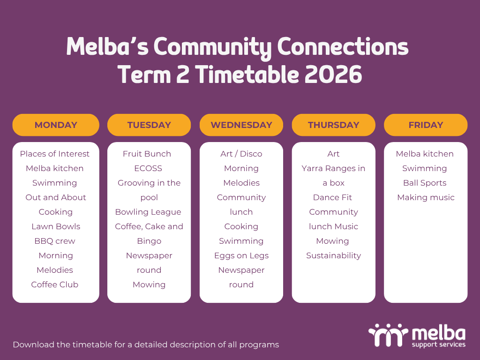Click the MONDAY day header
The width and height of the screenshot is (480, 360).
[56, 125]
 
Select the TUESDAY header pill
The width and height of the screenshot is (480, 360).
[149, 125]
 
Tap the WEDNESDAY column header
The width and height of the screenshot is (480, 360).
[241, 125]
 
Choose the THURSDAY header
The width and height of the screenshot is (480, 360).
[334, 125]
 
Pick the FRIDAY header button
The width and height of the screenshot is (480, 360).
[426, 125]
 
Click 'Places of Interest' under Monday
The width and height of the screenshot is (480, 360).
[55, 154]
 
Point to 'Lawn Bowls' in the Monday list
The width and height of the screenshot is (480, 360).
[56, 226]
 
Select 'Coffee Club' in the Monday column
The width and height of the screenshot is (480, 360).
[55, 285]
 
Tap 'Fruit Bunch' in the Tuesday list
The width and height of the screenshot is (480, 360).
[147, 154]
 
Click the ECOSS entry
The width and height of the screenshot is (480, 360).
[148, 168]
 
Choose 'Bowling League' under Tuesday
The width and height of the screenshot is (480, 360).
[148, 212]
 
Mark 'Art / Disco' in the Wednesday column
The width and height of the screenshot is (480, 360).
[241, 154]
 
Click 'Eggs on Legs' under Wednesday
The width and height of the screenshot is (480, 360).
[241, 255]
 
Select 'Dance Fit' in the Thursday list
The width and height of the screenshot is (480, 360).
[332, 197]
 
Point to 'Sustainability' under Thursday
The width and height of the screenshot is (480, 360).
[334, 255]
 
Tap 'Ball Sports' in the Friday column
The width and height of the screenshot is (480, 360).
[425, 183]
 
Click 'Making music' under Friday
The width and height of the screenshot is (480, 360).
[426, 197]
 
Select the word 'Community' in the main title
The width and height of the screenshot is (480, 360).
[212, 47]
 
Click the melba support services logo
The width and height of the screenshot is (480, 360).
[417, 335]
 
